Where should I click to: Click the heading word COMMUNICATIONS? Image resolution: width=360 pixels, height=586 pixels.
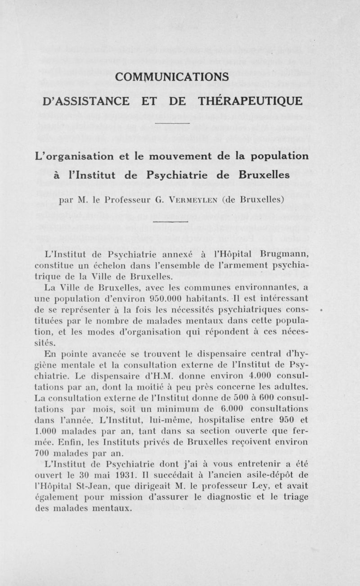click(x=172, y=77)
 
